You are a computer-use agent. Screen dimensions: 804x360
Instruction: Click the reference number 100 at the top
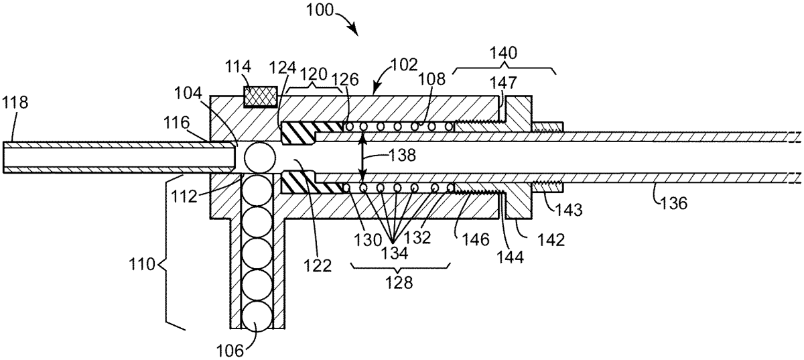pyautogui.click(x=320, y=10)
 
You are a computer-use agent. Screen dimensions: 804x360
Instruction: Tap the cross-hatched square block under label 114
pyautogui.click(x=261, y=97)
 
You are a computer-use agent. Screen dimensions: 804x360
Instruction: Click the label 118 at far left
pyautogui.click(x=15, y=103)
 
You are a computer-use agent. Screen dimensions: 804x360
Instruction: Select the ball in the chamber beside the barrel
pyautogui.click(x=260, y=158)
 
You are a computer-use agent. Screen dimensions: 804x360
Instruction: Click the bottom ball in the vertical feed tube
pyautogui.click(x=257, y=316)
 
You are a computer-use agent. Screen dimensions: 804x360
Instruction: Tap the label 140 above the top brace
pyautogui.click(x=503, y=53)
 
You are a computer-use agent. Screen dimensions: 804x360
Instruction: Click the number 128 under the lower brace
pyautogui.click(x=399, y=283)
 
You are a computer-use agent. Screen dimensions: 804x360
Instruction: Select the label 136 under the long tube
pyautogui.click(x=673, y=203)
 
